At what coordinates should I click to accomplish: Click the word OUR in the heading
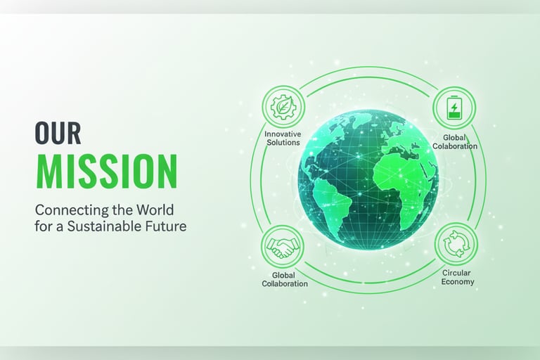(x=58, y=133)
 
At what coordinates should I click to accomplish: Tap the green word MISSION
(x=107, y=172)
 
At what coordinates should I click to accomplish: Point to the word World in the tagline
(x=155, y=210)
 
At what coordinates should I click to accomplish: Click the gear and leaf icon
(x=283, y=107)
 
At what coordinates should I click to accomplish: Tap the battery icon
(x=454, y=107)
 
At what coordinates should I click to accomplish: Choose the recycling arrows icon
(x=456, y=243)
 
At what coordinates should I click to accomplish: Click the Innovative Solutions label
(x=283, y=138)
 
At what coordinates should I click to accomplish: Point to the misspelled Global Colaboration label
(x=455, y=142)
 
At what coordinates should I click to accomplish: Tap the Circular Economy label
(x=457, y=277)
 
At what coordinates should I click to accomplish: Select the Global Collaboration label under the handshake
(x=285, y=279)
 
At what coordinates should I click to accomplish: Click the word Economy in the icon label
(x=458, y=282)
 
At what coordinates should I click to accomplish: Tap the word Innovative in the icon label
(x=283, y=134)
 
